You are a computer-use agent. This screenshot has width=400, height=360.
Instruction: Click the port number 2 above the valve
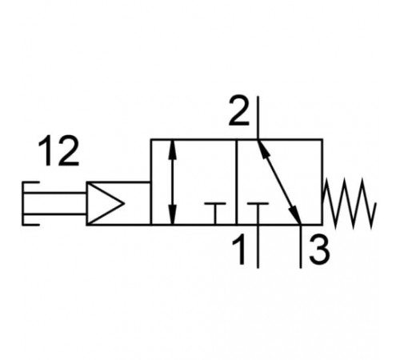pyautogui.click(x=239, y=111)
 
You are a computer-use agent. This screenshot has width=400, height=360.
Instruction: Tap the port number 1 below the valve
pyautogui.click(x=239, y=250)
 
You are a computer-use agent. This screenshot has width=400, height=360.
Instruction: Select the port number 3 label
pyautogui.click(x=319, y=250)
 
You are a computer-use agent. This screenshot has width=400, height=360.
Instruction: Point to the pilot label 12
pyautogui.click(x=58, y=151)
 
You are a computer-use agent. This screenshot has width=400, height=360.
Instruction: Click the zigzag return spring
pyautogui.click(x=350, y=203)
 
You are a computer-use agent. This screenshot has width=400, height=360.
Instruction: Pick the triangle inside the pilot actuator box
pyautogui.click(x=106, y=204)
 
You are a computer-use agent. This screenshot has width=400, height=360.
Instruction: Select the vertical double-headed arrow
pyautogui.click(x=174, y=182)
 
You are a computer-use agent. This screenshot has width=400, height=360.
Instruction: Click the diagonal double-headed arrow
pyautogui.click(x=279, y=182)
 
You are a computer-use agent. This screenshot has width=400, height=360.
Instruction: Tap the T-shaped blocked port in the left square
pyautogui.click(x=215, y=214)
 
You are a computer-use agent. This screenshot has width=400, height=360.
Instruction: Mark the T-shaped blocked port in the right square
pyautogui.click(x=258, y=214)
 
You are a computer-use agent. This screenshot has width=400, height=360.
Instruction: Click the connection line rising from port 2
pyautogui.click(x=258, y=118)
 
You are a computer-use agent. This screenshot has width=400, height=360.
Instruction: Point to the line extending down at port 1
pyautogui.click(x=258, y=246)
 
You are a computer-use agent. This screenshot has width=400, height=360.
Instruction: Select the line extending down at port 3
pyautogui.click(x=301, y=246)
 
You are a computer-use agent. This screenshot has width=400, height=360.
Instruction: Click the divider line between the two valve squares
pyautogui.click(x=237, y=182)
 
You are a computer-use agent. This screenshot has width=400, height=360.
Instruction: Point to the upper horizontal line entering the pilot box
pyautogui.click(x=55, y=193)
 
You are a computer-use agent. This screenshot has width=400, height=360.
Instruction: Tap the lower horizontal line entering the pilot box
pyautogui.click(x=55, y=214)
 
